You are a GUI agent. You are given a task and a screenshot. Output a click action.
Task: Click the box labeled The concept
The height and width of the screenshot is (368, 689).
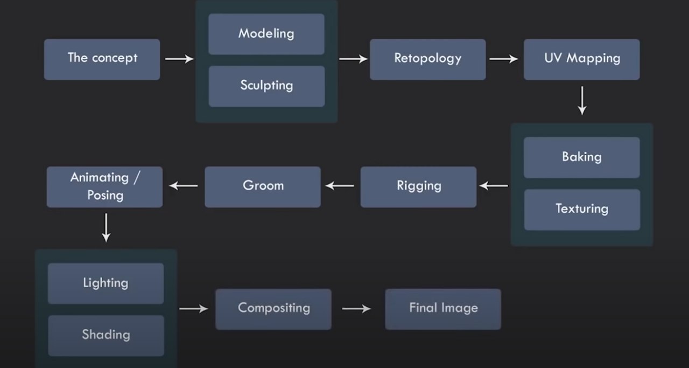pos(102,59)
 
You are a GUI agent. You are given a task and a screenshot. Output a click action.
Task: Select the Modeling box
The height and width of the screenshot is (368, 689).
pos(266,34)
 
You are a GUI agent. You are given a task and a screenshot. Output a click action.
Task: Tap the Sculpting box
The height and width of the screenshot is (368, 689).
pos(266,87)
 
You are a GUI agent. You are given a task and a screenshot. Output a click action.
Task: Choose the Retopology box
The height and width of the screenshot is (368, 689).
pos(428,59)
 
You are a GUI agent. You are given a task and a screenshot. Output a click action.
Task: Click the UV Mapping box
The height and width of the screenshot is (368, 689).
pos(582,59)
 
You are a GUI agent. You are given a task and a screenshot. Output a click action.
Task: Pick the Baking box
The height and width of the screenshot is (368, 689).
pos(582,158)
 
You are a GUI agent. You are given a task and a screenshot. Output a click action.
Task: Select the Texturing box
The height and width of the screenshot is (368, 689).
pos(582,210)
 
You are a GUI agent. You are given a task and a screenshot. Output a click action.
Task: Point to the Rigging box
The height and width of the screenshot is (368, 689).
pos(419,187)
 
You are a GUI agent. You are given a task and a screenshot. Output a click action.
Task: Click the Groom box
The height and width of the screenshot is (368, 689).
pos(263,187)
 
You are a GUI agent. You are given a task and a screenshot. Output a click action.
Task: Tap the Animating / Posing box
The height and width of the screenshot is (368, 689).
pos(104,187)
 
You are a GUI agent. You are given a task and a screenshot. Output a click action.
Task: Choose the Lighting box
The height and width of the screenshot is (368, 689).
pos(106,283)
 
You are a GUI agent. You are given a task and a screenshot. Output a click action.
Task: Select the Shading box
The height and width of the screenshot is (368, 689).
pos(106,336)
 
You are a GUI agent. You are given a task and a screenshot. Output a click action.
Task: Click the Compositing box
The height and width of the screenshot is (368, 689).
pos(273,309)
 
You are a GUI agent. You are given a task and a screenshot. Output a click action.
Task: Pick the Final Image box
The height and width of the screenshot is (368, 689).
pos(443,309)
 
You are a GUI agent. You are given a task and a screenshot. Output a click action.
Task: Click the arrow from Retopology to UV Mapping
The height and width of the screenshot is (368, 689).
pos(504,59)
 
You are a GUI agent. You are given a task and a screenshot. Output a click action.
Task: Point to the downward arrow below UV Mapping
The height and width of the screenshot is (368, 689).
pos(582,101)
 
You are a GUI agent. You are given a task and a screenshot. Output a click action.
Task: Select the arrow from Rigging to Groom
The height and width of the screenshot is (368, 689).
pos(340,186)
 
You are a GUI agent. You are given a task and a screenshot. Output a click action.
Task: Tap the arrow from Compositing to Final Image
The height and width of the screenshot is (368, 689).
pos(356,309)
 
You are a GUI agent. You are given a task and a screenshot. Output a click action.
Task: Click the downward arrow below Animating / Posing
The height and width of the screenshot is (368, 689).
pos(106,228)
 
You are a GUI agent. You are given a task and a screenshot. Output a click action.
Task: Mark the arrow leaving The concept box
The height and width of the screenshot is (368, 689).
pos(180,59)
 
